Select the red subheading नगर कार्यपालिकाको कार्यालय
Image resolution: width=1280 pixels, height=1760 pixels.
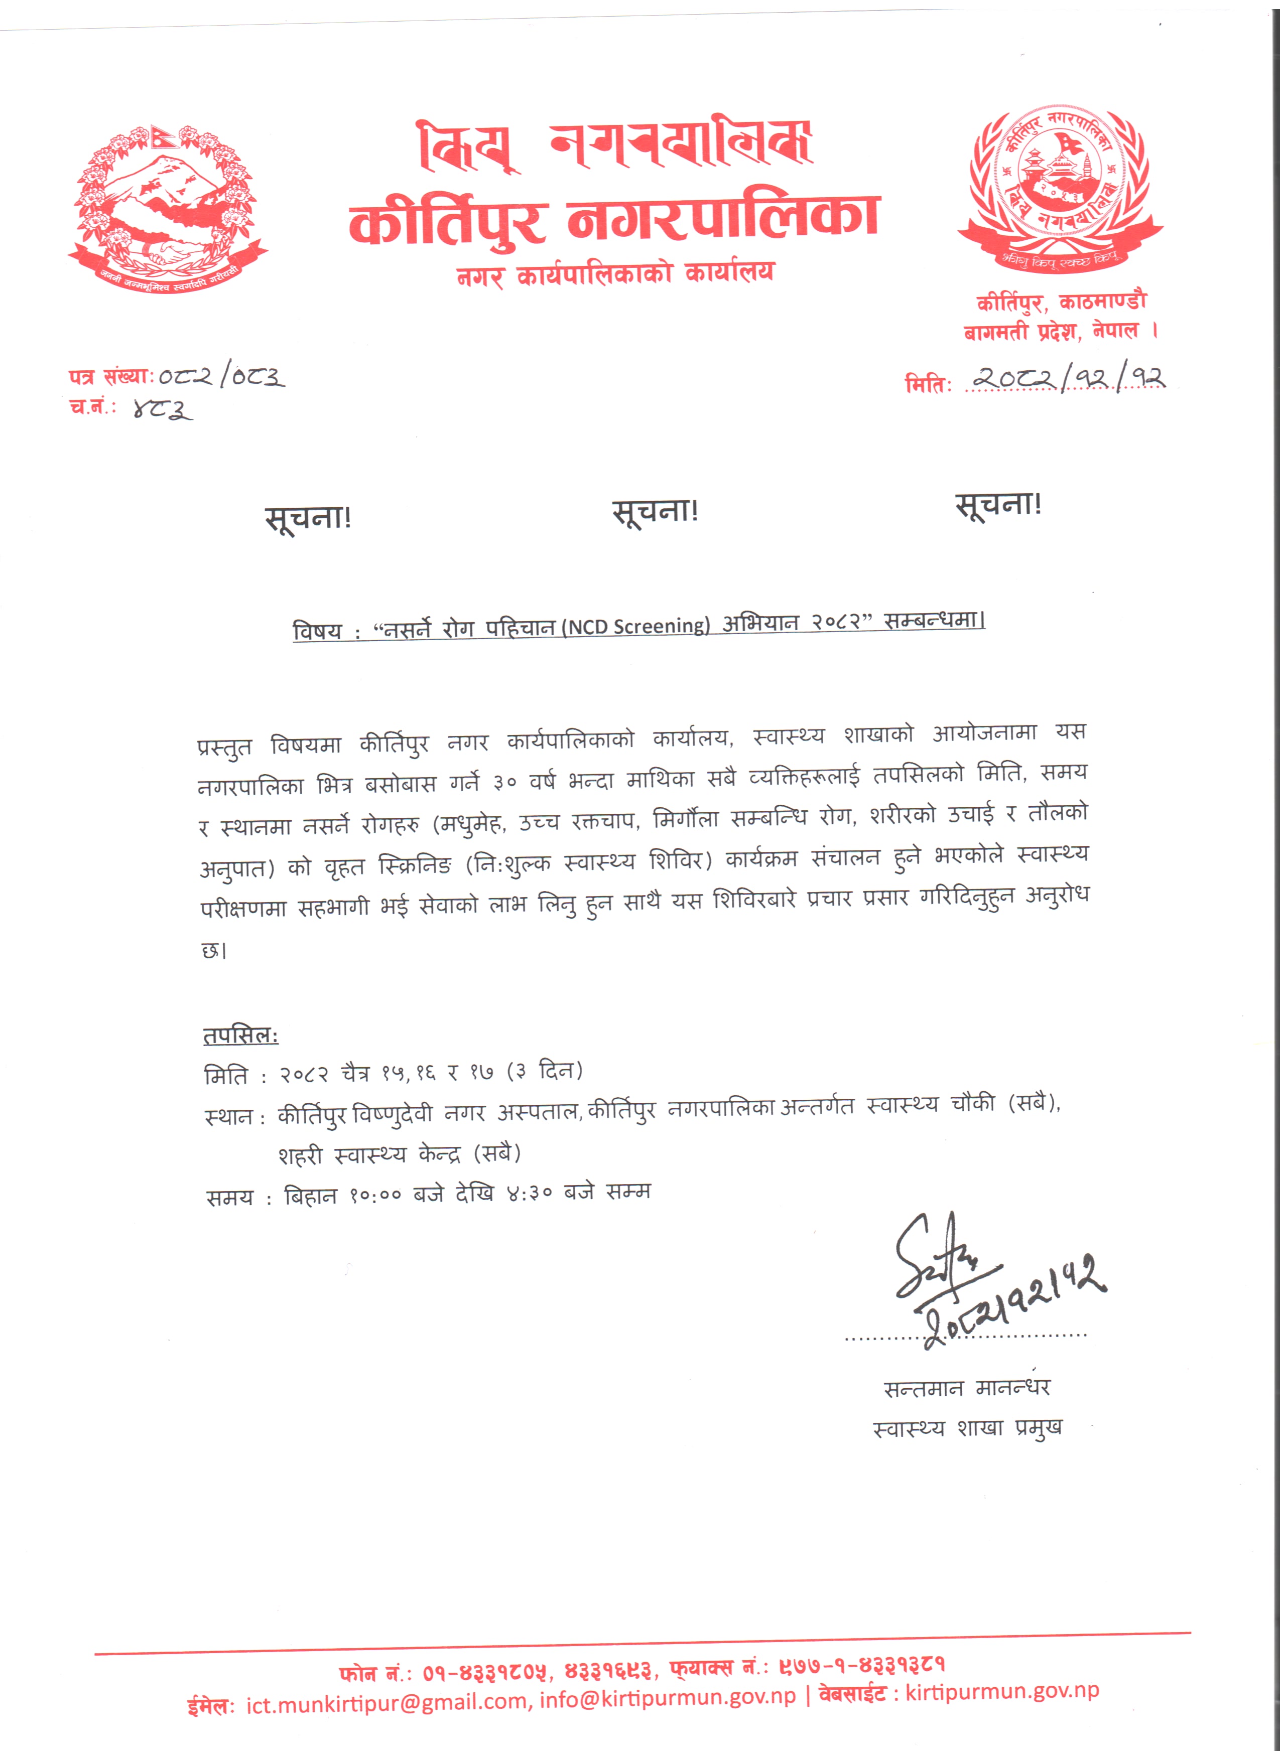(x=615, y=273)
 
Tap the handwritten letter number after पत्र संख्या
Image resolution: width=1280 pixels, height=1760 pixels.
(x=221, y=377)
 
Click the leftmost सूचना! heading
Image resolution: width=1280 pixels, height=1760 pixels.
(x=308, y=517)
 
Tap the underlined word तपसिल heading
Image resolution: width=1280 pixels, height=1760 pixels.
(x=240, y=1035)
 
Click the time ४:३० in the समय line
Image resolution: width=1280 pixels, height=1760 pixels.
(x=530, y=1193)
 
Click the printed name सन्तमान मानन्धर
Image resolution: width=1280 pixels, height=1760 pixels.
(x=966, y=1388)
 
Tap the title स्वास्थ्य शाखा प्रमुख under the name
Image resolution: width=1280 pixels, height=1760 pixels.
(x=966, y=1428)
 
